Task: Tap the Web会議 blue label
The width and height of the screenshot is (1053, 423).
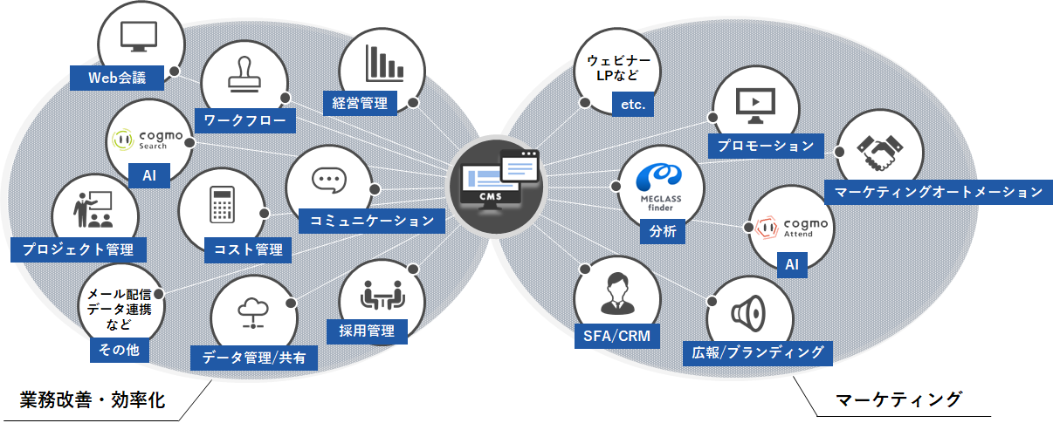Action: [x=117, y=78]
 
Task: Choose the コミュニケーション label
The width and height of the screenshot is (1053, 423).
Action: [x=372, y=221]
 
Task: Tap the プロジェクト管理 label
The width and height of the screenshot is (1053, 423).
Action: [x=78, y=249]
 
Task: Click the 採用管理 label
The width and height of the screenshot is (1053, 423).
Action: [x=367, y=331]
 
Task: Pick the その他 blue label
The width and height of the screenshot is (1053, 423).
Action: [x=119, y=351]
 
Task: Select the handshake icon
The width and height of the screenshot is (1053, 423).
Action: [x=877, y=151]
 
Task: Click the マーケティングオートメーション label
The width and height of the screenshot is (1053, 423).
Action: [x=937, y=192]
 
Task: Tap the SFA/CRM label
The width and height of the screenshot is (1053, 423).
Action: [x=616, y=336]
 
